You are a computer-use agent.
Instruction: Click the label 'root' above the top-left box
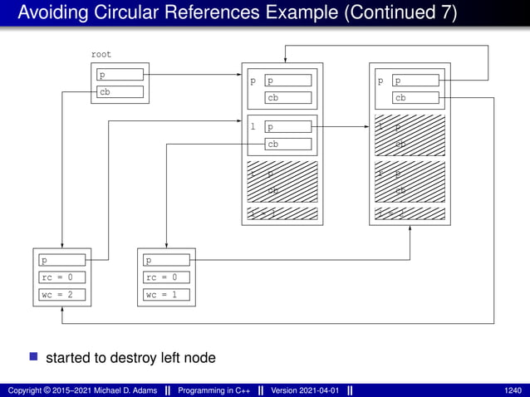(101, 54)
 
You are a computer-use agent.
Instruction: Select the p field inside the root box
(120, 75)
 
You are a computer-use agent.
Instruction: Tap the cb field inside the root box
(120, 92)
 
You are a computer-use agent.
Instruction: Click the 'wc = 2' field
(62, 295)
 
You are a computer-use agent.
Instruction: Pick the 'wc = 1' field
(166, 295)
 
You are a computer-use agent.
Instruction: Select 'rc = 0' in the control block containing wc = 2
(62, 277)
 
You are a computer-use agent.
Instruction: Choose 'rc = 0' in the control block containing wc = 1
(166, 277)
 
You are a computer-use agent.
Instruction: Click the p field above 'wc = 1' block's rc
(166, 260)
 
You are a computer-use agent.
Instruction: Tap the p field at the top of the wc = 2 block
(62, 260)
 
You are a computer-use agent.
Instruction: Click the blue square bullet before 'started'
(34, 357)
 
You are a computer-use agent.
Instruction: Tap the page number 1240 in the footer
(513, 390)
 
